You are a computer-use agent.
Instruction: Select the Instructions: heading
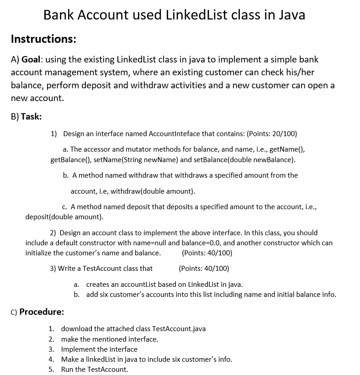(x=43, y=39)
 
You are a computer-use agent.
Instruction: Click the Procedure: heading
(x=41, y=312)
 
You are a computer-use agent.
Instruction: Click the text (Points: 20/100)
(x=271, y=134)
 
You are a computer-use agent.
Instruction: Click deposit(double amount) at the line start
(x=64, y=217)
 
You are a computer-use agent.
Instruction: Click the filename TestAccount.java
(x=178, y=329)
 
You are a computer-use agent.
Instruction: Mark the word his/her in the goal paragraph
(x=299, y=73)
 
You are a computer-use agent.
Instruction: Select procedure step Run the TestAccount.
(x=95, y=369)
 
